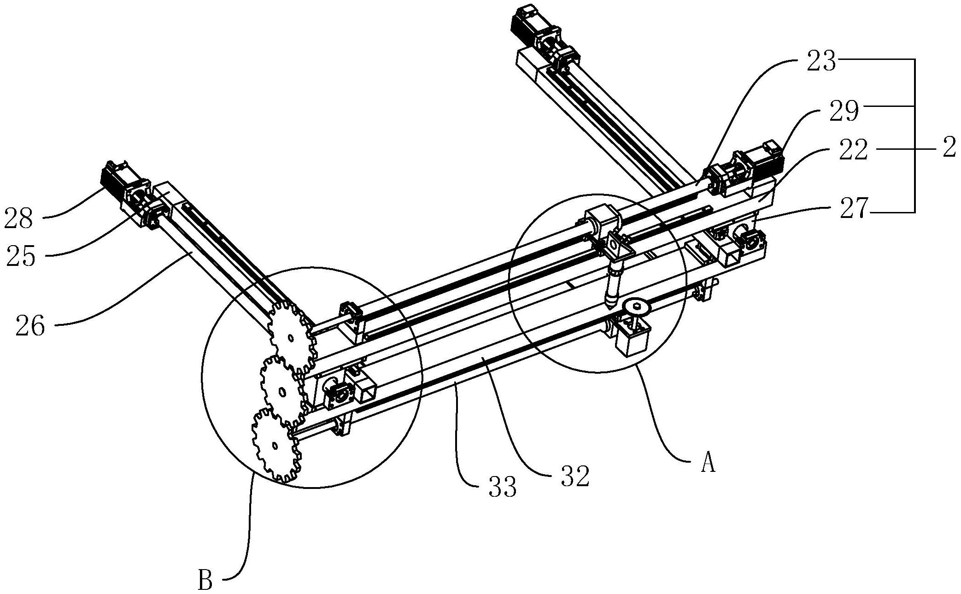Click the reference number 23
(x=820, y=61)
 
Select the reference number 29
(x=844, y=112)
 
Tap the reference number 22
(x=853, y=150)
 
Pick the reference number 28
(x=19, y=218)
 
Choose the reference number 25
(x=21, y=256)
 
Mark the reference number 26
(x=30, y=326)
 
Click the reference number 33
(x=503, y=487)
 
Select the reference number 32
(x=575, y=476)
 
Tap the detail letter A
(x=708, y=462)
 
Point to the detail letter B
(x=205, y=581)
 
